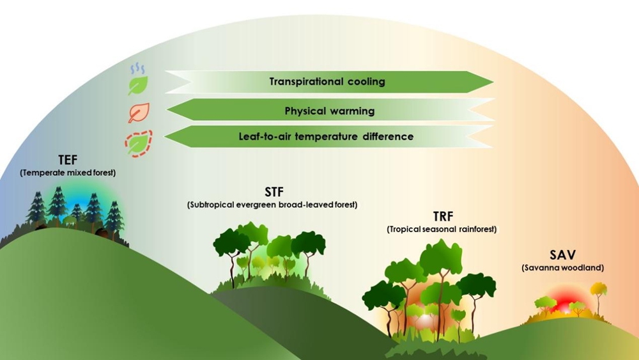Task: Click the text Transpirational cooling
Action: coord(327,82)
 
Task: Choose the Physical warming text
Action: coord(329,111)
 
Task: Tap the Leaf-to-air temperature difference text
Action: coord(326,136)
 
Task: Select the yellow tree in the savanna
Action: coord(599,292)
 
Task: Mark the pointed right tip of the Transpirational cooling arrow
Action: coord(492,82)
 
